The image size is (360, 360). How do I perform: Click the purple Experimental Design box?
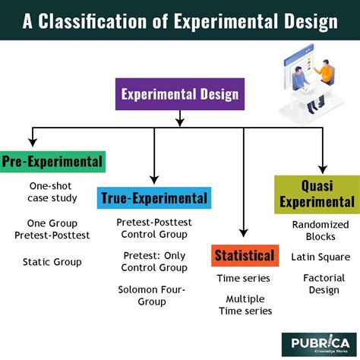pyautogui.click(x=179, y=96)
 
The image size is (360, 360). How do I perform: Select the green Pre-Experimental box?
pyautogui.click(x=52, y=161)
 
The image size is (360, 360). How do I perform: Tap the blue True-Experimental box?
pyautogui.click(x=154, y=199)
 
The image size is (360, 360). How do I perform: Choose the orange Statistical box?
pyautogui.click(x=244, y=254)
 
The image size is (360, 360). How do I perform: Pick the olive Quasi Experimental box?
pyautogui.click(x=317, y=193)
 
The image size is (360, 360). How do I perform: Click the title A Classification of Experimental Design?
pyautogui.click(x=180, y=21)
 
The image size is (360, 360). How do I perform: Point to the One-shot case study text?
pyautogui.click(x=52, y=192)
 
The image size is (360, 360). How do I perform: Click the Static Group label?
pyautogui.click(x=52, y=262)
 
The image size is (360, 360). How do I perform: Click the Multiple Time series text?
pyautogui.click(x=244, y=305)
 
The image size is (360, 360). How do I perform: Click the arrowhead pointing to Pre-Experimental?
pyautogui.click(x=31, y=142)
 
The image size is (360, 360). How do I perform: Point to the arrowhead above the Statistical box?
pyautogui.click(x=244, y=235)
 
